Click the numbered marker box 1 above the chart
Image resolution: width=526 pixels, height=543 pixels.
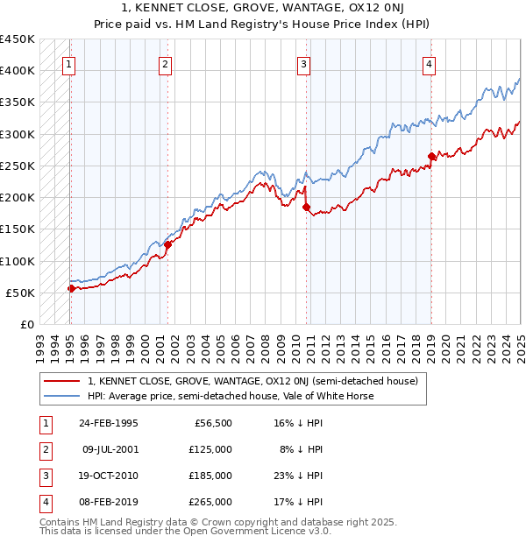68,63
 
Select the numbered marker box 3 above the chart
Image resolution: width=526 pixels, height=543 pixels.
302,63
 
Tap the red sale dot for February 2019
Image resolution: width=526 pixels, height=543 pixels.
431,157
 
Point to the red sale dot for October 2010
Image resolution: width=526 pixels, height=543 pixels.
306,208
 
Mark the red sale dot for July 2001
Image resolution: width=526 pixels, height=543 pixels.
167,245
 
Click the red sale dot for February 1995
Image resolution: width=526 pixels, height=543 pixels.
71,288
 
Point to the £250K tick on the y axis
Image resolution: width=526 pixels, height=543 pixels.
18,166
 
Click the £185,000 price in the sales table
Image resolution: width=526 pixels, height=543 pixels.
211,476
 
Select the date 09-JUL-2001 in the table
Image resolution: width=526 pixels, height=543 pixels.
110,449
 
